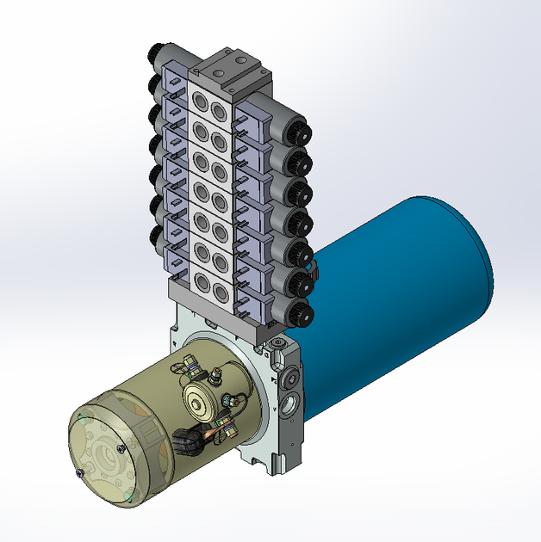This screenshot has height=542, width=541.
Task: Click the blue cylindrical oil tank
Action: (x=405, y=284)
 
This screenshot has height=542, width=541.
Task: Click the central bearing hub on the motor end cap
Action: (x=107, y=453)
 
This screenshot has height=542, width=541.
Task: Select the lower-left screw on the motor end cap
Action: (x=80, y=473)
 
